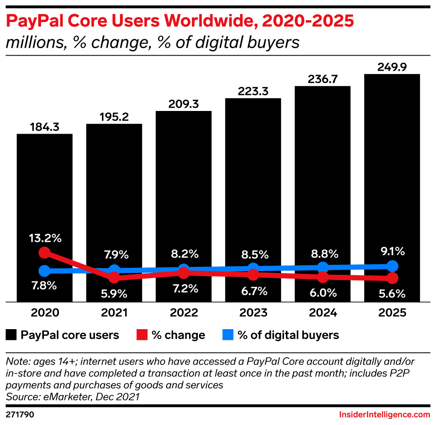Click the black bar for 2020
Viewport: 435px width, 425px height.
[45, 198]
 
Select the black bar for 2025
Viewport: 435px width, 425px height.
[392, 165]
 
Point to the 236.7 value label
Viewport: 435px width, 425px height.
[323, 79]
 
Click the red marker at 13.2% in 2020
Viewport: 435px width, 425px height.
[44, 253]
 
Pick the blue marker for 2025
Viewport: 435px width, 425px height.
[393, 266]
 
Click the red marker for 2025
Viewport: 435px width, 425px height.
[393, 278]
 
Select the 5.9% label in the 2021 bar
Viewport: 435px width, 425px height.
[114, 293]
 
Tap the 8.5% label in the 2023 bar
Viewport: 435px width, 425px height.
[253, 255]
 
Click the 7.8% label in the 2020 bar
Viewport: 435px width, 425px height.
[44, 285]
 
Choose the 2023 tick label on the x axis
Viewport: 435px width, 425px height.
[253, 313]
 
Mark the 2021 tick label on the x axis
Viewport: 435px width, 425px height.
[114, 313]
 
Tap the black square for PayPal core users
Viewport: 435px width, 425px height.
[11, 335]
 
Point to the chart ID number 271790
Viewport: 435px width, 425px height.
[19, 415]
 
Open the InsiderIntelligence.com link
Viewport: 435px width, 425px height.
[385, 415]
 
